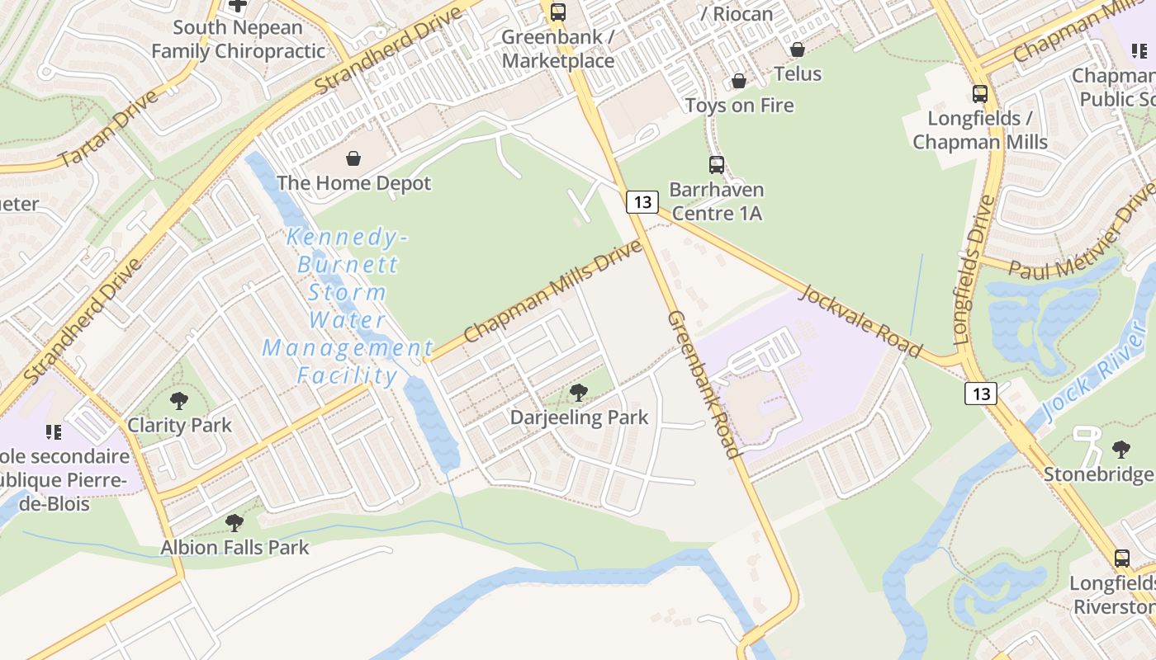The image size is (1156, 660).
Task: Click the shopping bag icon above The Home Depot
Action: click(353, 158)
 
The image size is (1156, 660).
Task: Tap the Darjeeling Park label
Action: click(579, 417)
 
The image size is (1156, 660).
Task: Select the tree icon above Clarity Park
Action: click(179, 402)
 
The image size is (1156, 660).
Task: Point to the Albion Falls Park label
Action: click(235, 547)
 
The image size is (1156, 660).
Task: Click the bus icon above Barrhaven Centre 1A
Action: click(716, 165)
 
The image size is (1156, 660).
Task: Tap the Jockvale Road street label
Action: click(860, 321)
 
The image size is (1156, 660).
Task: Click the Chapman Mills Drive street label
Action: click(552, 290)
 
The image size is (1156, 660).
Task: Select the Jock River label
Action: click(1094, 384)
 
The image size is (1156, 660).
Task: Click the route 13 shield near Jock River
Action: click(981, 394)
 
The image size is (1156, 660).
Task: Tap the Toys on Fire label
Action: click(739, 106)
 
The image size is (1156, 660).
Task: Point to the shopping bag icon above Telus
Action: click(797, 50)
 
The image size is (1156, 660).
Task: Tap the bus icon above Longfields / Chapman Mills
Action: click(980, 94)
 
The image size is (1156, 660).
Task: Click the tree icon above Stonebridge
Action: click(1120, 450)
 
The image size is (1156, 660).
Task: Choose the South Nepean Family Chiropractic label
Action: click(238, 39)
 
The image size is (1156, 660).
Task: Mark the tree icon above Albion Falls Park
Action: click(235, 522)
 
